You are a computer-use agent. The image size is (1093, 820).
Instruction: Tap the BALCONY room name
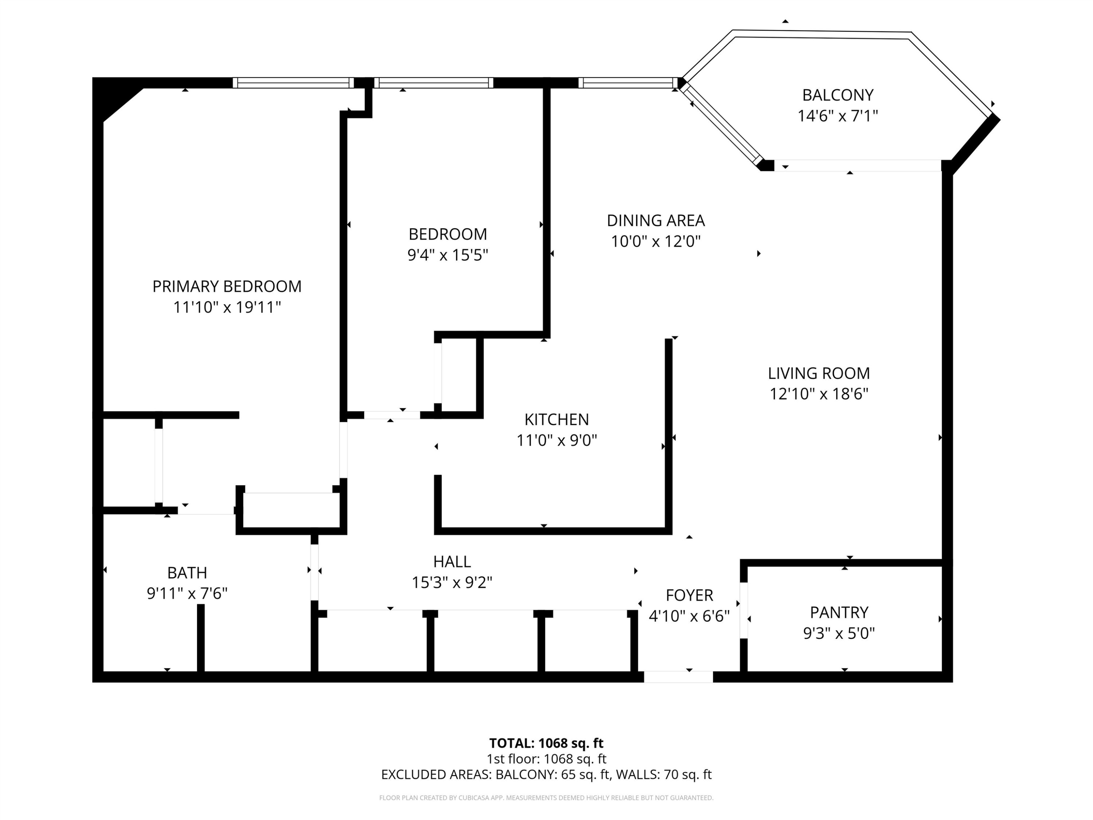(x=838, y=95)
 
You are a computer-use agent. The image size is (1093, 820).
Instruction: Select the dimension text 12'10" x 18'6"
(x=819, y=394)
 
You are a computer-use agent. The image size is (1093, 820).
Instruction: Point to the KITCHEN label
(x=556, y=419)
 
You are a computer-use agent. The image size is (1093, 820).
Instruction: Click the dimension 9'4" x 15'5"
(x=448, y=255)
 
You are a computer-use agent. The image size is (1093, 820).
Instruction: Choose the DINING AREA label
(x=656, y=220)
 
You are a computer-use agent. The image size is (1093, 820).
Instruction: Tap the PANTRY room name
(x=839, y=612)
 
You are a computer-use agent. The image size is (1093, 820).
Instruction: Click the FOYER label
(x=689, y=595)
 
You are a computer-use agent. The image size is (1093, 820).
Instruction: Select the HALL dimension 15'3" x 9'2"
(x=452, y=583)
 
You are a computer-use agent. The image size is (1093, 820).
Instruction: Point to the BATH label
(x=187, y=573)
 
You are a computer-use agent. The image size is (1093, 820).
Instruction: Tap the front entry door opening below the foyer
(x=678, y=677)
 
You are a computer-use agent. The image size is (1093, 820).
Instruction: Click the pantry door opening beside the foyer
(x=744, y=610)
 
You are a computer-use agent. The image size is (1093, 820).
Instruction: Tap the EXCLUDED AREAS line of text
(x=546, y=774)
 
